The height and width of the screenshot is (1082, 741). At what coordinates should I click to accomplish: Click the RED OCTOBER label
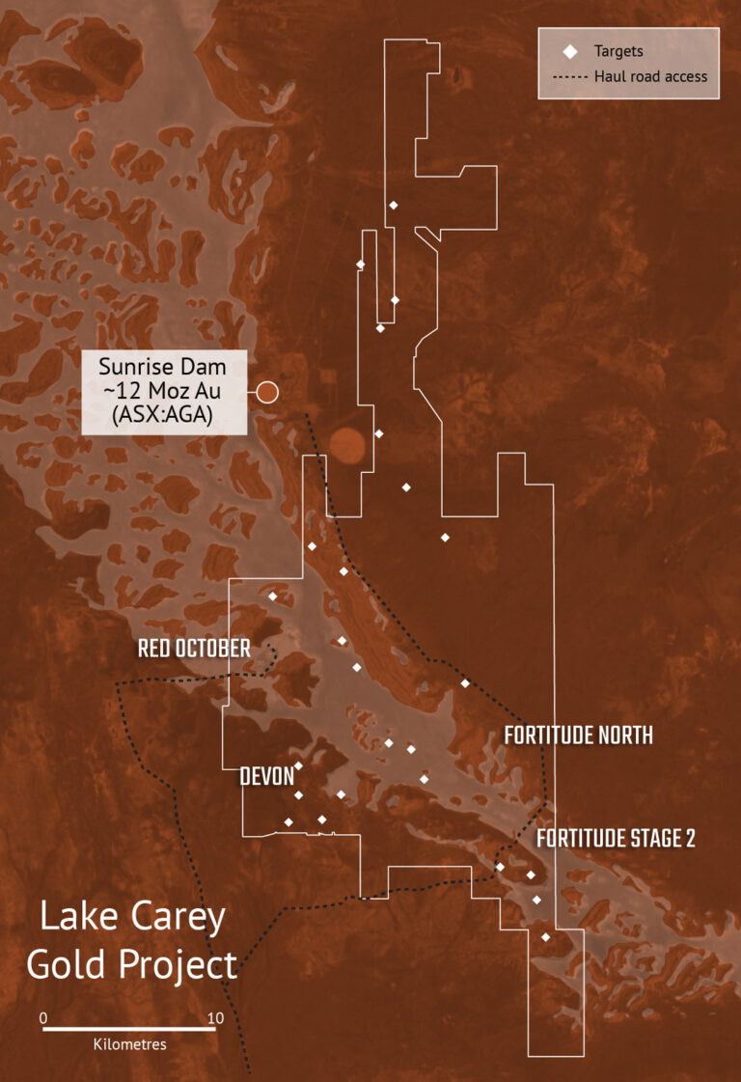coord(194,648)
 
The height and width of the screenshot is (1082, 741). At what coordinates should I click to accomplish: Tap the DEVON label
coord(267,775)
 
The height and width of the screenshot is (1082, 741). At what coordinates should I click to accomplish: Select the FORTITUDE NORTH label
coord(578,735)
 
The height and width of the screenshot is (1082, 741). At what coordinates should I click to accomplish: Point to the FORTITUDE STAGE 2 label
coord(616,838)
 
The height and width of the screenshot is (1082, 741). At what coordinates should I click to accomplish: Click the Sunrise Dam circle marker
coord(267,392)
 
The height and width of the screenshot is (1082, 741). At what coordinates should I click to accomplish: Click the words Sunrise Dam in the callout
coord(163,367)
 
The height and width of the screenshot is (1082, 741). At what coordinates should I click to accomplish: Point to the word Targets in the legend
coord(618,51)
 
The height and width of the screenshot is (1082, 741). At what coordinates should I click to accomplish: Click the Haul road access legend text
coord(650,77)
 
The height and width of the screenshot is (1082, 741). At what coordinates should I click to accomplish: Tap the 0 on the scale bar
coord(43,1017)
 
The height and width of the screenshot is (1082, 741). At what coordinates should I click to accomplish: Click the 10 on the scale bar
coord(215,1017)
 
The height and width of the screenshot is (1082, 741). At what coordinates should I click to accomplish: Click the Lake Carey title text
coord(132,917)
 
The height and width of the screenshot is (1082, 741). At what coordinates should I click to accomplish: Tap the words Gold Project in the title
coord(132,964)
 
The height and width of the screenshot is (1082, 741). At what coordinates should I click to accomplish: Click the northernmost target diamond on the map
coord(393,205)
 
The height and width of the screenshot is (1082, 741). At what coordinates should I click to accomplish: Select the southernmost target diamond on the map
coord(546,936)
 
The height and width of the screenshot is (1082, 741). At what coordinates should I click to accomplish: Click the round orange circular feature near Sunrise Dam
coord(347,445)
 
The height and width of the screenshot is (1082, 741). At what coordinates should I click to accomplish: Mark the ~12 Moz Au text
coord(163,391)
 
